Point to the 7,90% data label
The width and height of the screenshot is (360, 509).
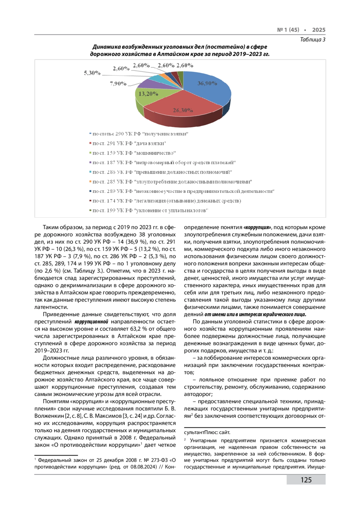coord(118,84)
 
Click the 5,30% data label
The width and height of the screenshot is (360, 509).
coord(92,73)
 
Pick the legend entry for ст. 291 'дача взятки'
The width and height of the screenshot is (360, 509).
coord(129,143)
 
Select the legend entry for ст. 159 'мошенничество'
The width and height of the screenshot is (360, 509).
coord(134,153)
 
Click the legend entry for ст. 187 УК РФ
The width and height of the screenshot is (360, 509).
coord(164,163)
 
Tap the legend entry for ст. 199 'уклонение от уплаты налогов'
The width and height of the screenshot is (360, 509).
coord(150,211)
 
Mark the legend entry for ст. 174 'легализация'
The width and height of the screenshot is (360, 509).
coord(166,201)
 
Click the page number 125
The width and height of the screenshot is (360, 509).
coord(306,480)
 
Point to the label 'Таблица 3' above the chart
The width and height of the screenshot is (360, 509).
coord(313,40)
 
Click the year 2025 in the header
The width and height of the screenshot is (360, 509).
coord(319,30)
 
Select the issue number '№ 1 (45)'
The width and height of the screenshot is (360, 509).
coord(288,30)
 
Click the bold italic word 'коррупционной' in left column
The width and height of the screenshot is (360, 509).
coord(91,322)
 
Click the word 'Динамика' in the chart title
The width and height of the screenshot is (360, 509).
coord(107,47)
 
